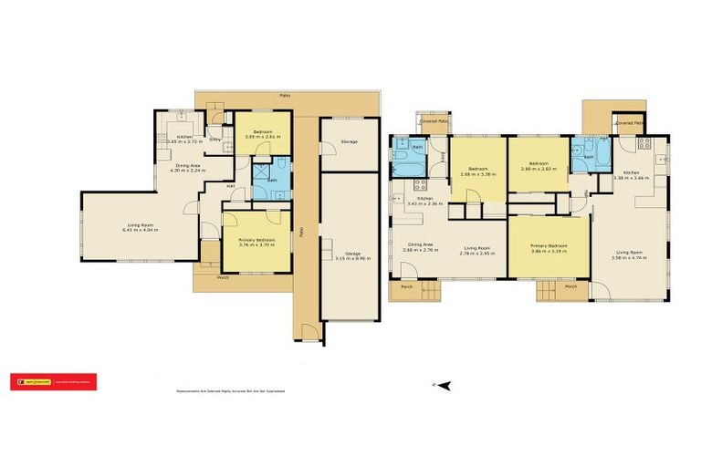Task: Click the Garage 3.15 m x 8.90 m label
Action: pyautogui.click(x=350, y=257)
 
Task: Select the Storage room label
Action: pyautogui.click(x=349, y=142)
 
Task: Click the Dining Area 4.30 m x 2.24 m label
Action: pyautogui.click(x=187, y=168)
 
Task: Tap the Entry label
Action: pyautogui.click(x=214, y=140)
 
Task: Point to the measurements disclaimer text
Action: pyautogui.click(x=230, y=390)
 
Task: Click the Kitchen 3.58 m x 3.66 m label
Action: pyautogui.click(x=631, y=175)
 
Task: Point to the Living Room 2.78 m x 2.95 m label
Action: pyautogui.click(x=479, y=252)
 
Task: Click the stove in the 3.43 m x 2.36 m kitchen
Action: pyautogui.click(x=420, y=183)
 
